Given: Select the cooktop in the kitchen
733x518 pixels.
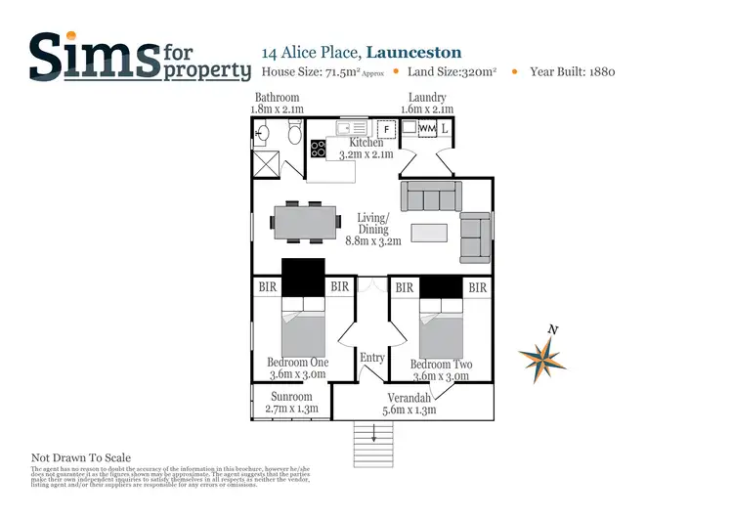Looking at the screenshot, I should (319, 149).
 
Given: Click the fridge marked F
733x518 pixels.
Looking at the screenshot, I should (386, 128).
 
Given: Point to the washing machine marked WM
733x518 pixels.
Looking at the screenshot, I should (427, 128).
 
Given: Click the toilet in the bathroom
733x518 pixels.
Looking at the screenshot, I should (294, 132).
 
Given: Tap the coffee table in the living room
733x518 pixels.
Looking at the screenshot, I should (430, 233).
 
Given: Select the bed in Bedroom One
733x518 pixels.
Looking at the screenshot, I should (303, 329).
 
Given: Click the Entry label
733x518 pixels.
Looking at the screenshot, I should (372, 358).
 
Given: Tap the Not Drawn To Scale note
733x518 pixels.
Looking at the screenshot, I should (80, 457).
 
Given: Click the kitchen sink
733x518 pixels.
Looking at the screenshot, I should (351, 128).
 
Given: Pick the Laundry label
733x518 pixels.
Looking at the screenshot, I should (428, 98).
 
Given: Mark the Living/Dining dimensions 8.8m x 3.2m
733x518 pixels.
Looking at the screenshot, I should (372, 240).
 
